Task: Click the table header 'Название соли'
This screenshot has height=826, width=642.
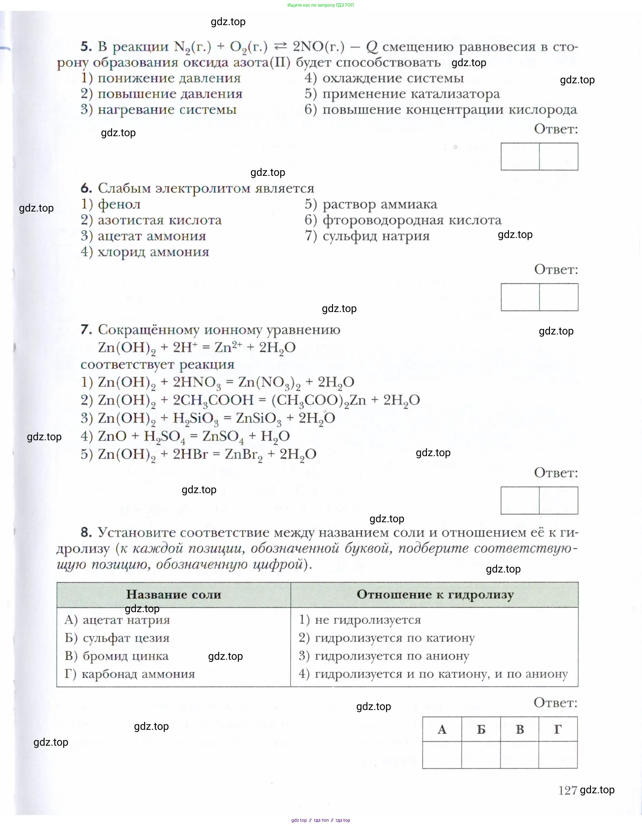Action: pyautogui.click(x=174, y=595)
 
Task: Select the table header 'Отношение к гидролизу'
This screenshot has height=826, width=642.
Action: pyautogui.click(x=435, y=595)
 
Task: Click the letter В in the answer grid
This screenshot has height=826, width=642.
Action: pyautogui.click(x=520, y=729)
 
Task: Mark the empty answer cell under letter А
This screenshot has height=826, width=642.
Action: pyautogui.click(x=442, y=755)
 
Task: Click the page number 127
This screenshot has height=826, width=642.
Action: pyautogui.click(x=568, y=790)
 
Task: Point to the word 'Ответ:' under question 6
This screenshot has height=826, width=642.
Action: pyautogui.click(x=556, y=269)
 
